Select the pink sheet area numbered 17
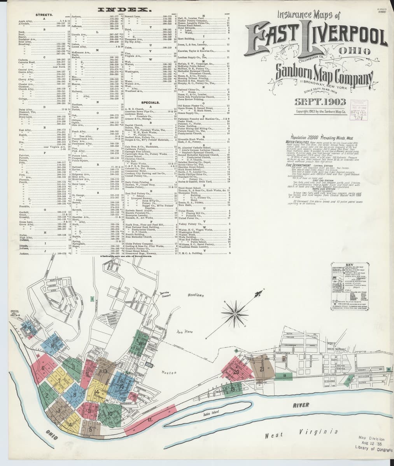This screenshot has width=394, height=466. (150, 419)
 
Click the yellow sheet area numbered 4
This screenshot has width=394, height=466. (71, 424)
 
